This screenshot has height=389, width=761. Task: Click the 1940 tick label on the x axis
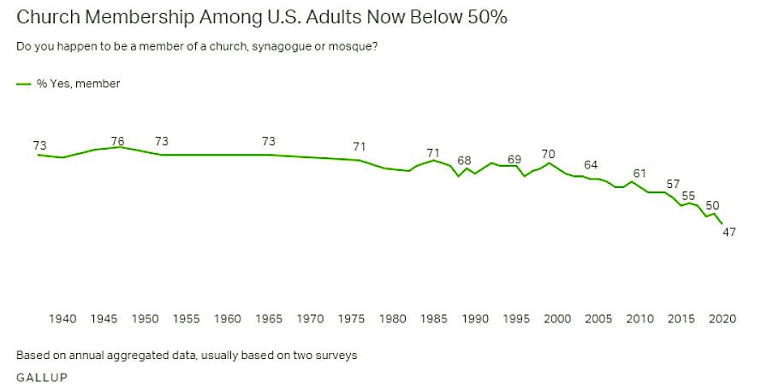[x=62, y=319]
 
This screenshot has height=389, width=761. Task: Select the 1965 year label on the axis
[x=269, y=319]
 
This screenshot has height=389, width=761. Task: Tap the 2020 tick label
[x=722, y=319]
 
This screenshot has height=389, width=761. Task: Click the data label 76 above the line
[x=118, y=141]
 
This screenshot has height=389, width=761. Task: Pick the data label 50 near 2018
[x=711, y=205]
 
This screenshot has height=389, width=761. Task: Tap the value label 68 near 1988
[x=464, y=161]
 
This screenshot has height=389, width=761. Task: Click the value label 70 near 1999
[x=549, y=154]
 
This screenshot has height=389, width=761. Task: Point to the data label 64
[x=591, y=164]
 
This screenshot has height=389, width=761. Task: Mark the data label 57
[x=673, y=185]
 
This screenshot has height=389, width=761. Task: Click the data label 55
[x=689, y=196]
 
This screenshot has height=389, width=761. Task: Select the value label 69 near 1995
[x=514, y=160]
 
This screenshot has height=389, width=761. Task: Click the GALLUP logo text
[x=41, y=376]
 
